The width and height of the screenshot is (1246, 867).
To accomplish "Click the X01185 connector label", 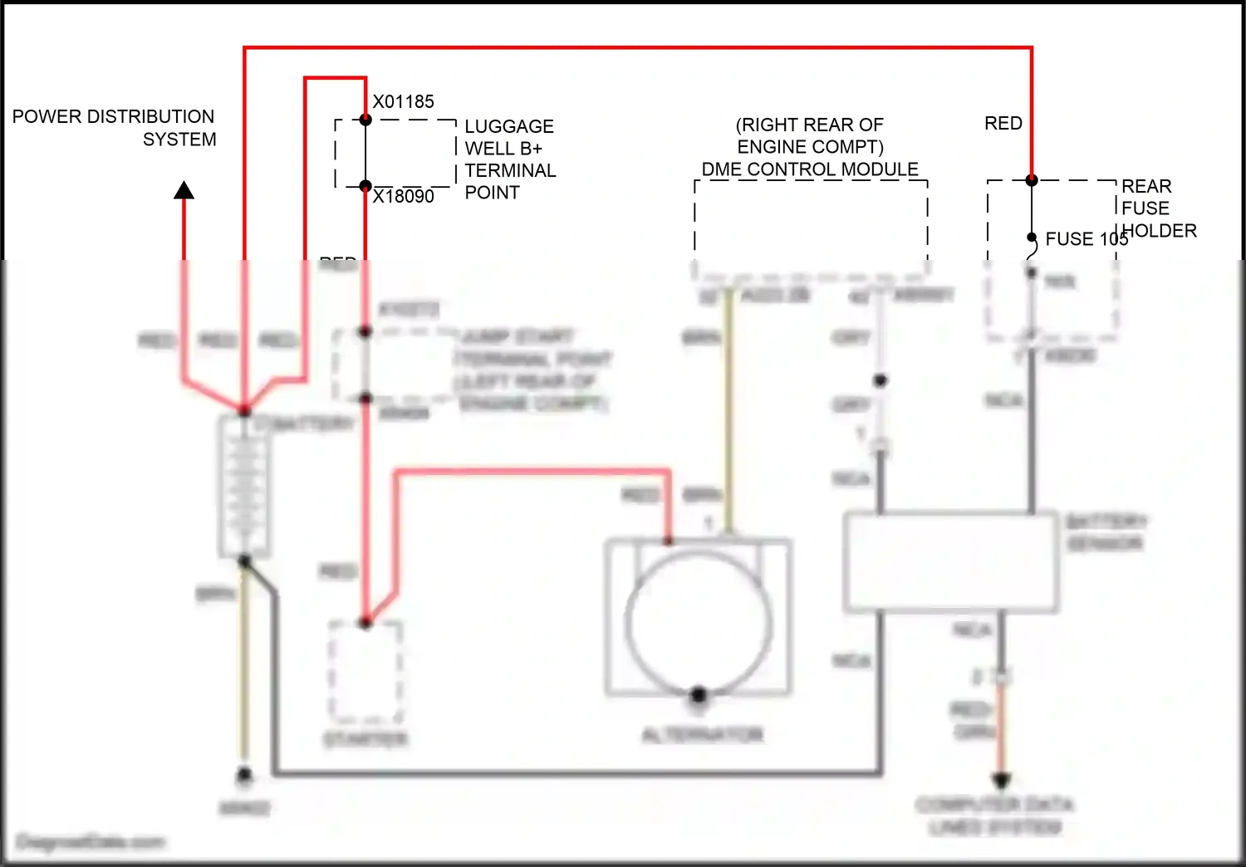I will [403, 102].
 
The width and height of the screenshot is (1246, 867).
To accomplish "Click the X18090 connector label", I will [403, 197].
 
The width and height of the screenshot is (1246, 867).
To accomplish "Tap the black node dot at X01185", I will [365, 120].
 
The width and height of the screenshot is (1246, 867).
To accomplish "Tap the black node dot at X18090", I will [365, 186].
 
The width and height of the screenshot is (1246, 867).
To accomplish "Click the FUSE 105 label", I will [1086, 239].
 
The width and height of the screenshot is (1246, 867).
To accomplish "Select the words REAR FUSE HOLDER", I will [1158, 208].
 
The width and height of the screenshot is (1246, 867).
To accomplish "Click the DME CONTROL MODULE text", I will [810, 169].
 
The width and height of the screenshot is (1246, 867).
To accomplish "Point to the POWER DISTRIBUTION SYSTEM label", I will [115, 128].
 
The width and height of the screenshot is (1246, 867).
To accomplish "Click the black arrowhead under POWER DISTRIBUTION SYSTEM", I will [184, 191].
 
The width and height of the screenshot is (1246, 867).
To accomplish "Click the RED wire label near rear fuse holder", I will [1003, 124].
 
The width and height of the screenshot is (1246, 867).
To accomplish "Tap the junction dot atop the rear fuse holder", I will [1032, 180].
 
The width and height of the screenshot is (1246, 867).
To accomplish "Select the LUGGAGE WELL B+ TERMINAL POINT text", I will [508, 159].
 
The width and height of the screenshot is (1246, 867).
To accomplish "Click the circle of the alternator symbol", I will [699, 621].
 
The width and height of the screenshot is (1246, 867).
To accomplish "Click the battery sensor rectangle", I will [950, 562].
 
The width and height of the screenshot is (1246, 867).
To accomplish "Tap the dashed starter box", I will [365, 673].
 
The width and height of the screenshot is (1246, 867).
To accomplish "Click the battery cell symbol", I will [244, 486].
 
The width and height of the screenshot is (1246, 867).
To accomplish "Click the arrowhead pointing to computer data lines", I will [1002, 781].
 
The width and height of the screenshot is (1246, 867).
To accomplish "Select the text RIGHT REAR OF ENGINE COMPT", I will [810, 136].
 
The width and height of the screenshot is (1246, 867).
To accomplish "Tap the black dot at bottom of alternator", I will [699, 694].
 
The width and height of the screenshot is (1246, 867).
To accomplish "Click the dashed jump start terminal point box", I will [390, 365].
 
